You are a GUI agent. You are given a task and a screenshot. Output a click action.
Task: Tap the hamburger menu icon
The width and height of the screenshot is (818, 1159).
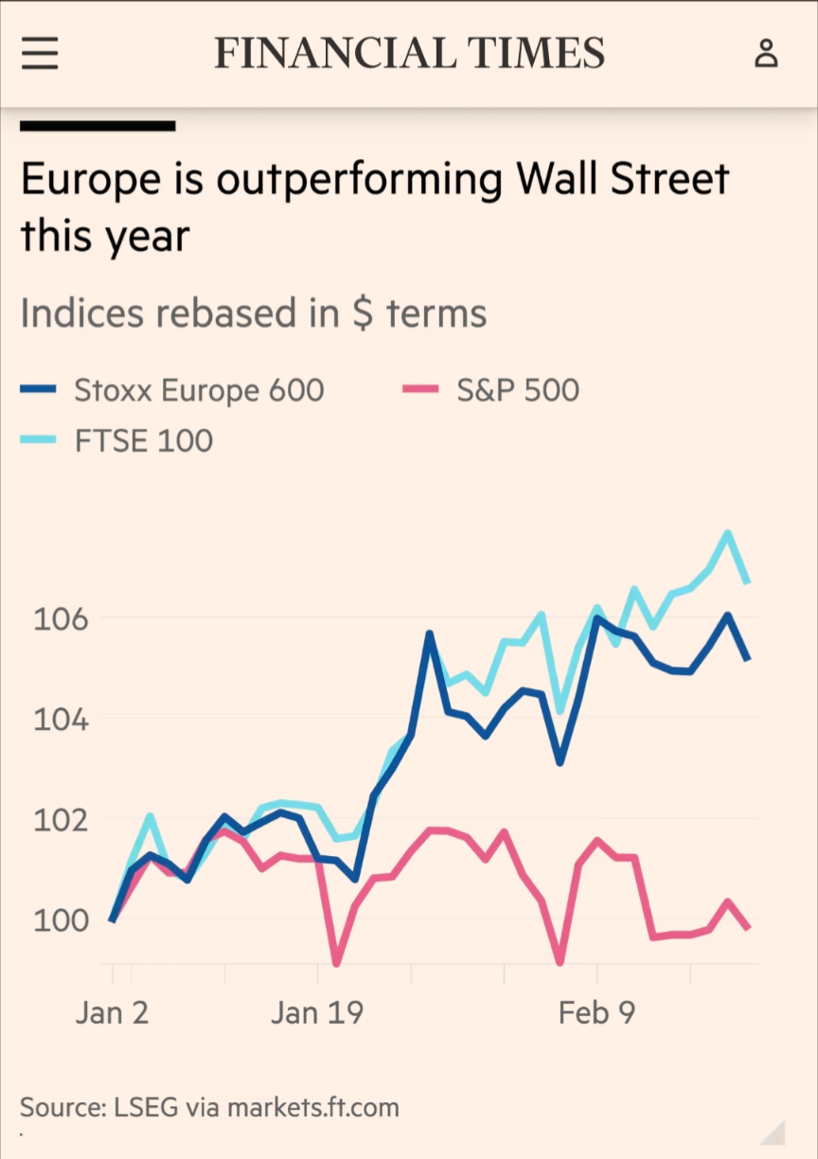click(40, 53)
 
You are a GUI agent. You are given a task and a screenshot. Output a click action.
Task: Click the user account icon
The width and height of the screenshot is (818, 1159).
click(765, 53)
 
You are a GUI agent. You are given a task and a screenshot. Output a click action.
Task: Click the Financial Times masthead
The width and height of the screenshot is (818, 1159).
click(409, 53)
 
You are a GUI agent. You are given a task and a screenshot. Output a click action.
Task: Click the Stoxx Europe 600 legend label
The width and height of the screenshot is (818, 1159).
click(199, 390)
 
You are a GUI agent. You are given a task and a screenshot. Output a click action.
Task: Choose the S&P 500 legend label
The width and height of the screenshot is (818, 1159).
click(518, 390)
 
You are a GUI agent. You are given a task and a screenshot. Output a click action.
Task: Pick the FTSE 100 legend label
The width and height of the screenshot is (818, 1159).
click(144, 440)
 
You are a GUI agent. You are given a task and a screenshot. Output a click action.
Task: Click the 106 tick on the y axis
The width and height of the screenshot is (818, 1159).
click(61, 619)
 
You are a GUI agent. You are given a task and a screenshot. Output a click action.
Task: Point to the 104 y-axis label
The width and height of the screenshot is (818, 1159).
click(61, 720)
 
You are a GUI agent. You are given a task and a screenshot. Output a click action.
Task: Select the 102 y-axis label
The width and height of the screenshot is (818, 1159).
click(61, 819)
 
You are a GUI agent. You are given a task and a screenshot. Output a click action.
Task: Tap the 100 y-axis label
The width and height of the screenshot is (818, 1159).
click(61, 919)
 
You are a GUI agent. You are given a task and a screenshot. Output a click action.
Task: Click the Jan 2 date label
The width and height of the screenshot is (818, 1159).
click(112, 1012)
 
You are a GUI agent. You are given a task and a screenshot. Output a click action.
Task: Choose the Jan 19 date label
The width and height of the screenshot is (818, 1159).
click(316, 1012)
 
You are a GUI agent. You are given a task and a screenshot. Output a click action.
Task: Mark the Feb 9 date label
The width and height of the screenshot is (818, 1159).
click(596, 1012)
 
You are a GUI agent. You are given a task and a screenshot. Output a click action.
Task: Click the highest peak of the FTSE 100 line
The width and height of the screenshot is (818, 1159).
click(728, 532)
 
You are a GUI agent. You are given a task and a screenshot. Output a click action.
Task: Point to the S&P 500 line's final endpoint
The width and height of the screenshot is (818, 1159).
click(748, 929)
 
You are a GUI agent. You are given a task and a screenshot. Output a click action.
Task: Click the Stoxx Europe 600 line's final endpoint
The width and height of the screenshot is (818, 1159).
click(748, 659)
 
